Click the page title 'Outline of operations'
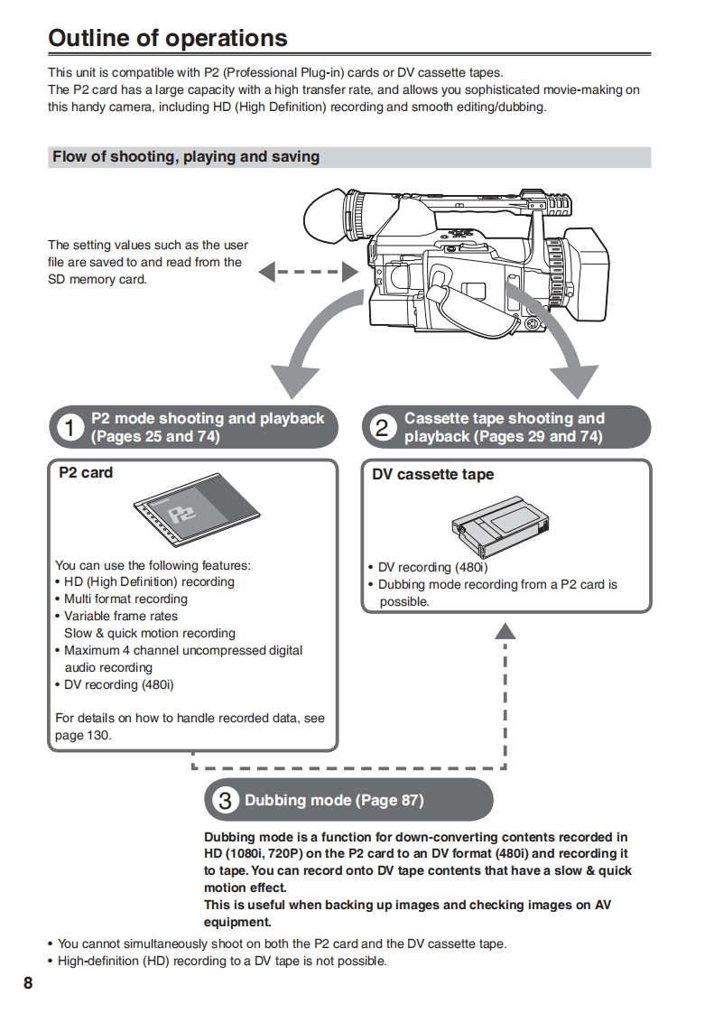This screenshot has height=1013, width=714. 168,39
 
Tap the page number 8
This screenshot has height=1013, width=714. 28,982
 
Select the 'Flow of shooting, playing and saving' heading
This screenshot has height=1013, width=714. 186,157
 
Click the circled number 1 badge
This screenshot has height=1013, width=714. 69,428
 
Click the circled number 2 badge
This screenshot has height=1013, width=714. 383,428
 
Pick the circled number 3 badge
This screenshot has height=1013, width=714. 225,800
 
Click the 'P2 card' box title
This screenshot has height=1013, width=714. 86,472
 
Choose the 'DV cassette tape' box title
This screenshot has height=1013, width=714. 433,474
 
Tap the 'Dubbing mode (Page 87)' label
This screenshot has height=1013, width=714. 334,800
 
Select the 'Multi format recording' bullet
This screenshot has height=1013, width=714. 125,599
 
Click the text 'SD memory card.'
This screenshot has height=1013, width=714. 97,279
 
